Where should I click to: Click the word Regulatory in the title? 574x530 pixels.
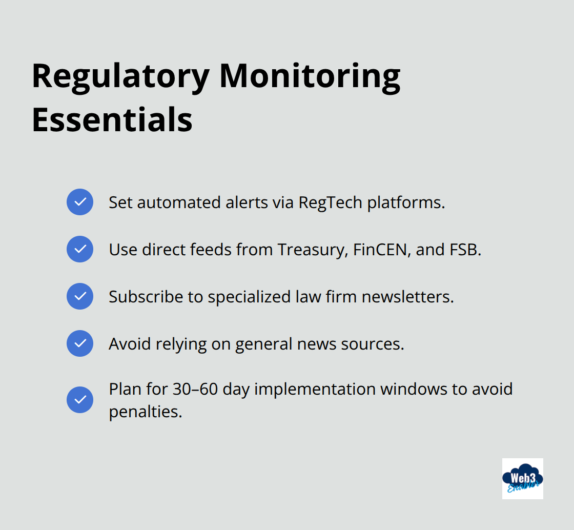(120, 76)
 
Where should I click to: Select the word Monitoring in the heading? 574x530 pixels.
(310, 76)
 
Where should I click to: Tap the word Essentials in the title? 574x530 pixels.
(112, 119)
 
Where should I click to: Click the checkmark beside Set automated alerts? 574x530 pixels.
(80, 202)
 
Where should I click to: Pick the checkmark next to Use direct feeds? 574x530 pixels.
(80, 249)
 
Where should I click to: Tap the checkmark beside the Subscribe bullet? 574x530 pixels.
(80, 296)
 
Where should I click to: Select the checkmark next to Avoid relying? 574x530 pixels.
(80, 343)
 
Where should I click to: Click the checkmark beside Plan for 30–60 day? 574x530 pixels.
(80, 400)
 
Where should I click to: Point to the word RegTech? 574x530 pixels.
(330, 202)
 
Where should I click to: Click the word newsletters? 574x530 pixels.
(408, 297)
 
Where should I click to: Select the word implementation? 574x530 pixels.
(315, 389)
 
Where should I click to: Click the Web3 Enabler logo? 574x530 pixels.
(522, 478)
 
